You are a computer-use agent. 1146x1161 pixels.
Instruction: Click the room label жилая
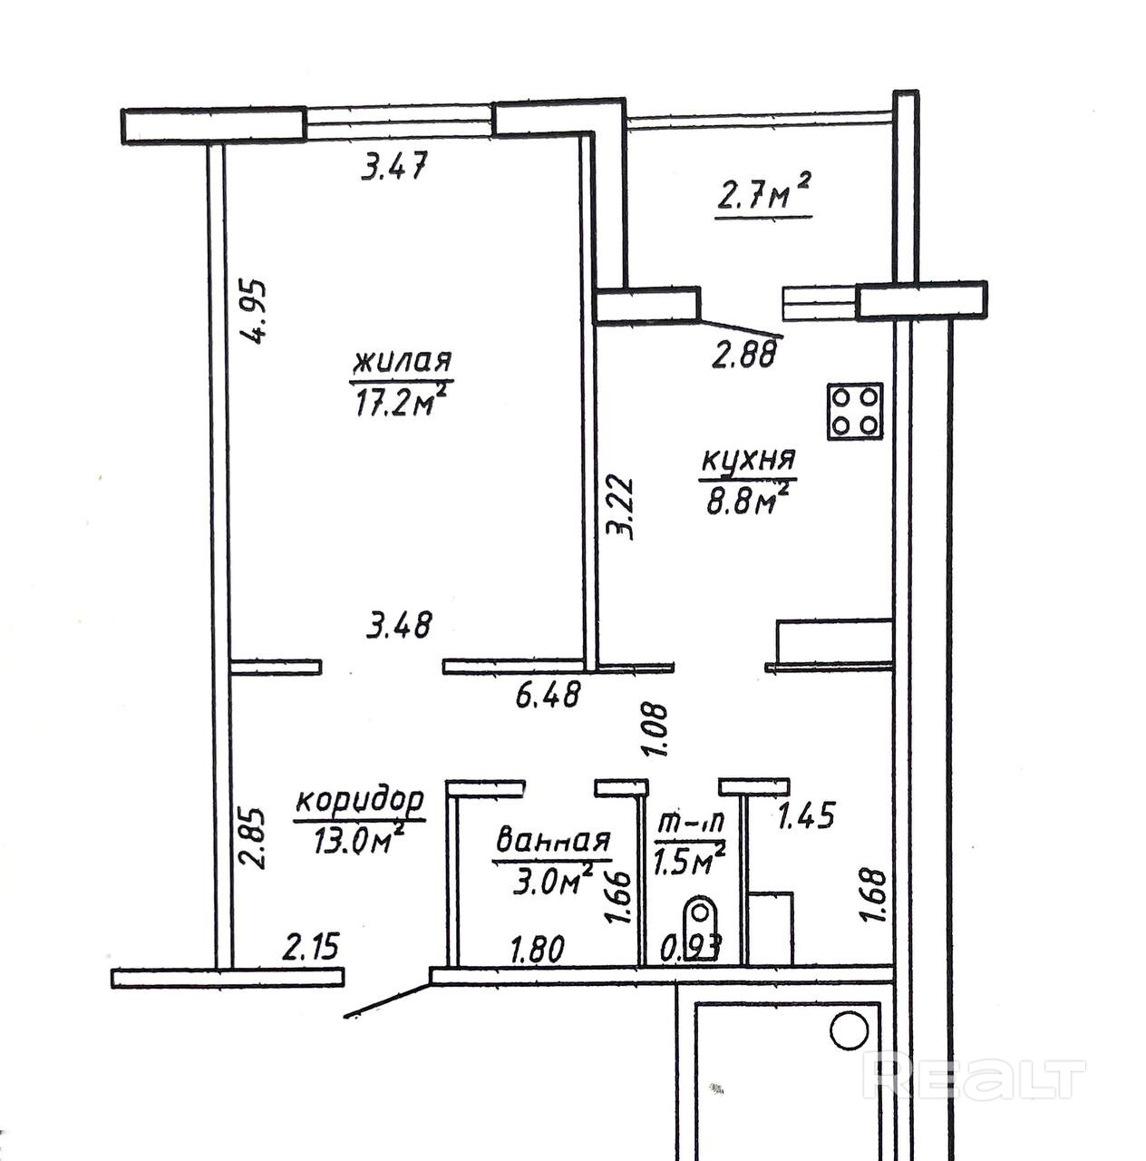point(401,361)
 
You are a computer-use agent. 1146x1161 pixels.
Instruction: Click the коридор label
point(360,801)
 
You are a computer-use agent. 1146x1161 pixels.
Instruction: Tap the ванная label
point(552,841)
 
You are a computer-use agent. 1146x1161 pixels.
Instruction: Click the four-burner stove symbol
point(854,411)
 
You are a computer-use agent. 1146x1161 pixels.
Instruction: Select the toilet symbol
point(698,921)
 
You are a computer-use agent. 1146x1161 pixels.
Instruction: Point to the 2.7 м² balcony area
point(762,198)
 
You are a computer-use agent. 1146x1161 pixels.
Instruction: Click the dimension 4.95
point(257,310)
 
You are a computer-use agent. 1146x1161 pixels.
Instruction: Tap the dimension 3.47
point(393,167)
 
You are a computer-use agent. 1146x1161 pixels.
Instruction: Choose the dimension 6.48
point(547,697)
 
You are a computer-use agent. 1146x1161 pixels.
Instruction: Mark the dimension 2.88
point(743,355)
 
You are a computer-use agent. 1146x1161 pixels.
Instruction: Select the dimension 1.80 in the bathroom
point(537,950)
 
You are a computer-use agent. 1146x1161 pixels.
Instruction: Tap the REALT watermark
point(974,1078)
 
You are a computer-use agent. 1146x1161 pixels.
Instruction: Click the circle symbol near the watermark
point(849,1031)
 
